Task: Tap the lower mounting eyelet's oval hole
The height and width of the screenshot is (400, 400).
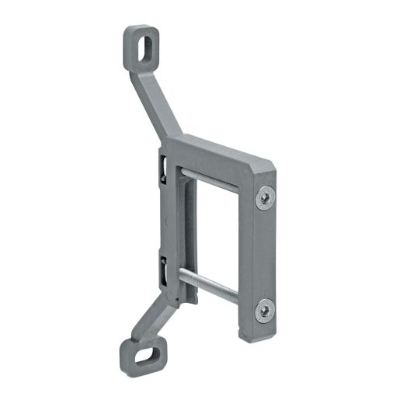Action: tap(141, 356)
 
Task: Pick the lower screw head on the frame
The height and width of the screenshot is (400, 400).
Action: tap(264, 311)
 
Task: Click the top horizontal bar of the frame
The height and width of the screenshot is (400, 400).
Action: tap(217, 155)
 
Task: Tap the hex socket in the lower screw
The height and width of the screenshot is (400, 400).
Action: tap(264, 311)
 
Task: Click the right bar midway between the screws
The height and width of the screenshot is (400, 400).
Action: tap(264, 255)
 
